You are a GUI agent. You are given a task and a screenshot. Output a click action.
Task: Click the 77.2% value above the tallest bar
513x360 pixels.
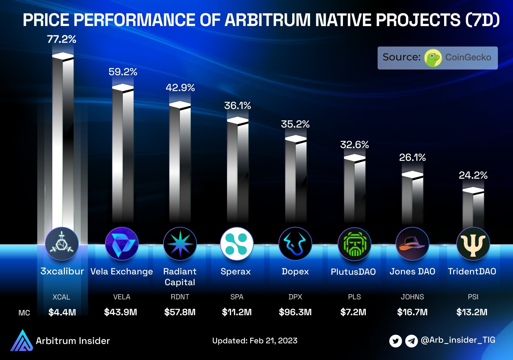(62, 39)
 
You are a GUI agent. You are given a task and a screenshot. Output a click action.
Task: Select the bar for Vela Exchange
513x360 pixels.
(123, 154)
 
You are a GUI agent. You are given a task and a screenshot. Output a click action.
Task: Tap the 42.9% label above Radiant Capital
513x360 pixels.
(180, 88)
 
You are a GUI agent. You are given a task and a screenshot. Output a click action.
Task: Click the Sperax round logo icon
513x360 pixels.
(236, 244)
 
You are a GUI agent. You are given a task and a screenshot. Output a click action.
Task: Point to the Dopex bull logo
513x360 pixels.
(295, 244)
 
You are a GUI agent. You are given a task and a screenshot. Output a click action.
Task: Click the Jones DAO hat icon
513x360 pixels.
(412, 244)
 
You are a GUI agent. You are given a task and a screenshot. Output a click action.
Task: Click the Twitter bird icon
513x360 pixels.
(396, 341)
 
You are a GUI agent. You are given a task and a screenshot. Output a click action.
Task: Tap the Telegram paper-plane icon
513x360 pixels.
(411, 341)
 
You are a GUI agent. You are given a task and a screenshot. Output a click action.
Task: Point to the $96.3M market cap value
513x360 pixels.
(295, 312)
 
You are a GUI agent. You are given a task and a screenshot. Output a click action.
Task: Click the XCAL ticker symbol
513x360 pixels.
(61, 297)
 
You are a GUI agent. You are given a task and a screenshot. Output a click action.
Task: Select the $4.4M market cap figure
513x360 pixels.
(62, 312)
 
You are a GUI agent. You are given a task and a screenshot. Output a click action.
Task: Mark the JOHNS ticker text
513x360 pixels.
(412, 297)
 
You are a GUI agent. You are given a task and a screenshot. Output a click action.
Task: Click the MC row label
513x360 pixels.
(24, 313)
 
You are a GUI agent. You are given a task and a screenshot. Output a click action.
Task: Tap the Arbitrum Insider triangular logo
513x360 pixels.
(21, 341)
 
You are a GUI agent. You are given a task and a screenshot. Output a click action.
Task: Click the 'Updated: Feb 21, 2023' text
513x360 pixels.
(255, 341)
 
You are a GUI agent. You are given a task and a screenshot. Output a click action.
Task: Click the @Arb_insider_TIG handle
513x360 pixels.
(458, 340)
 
